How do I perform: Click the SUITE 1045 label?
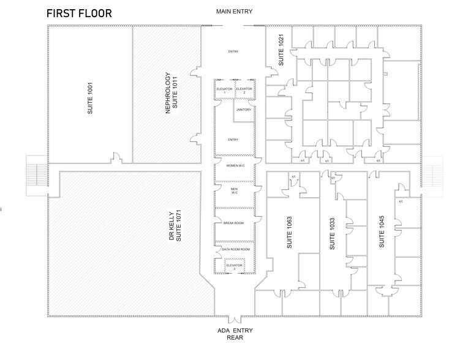381,232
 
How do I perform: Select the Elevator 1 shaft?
224,90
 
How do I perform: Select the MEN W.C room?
233,191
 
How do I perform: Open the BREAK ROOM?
233,223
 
